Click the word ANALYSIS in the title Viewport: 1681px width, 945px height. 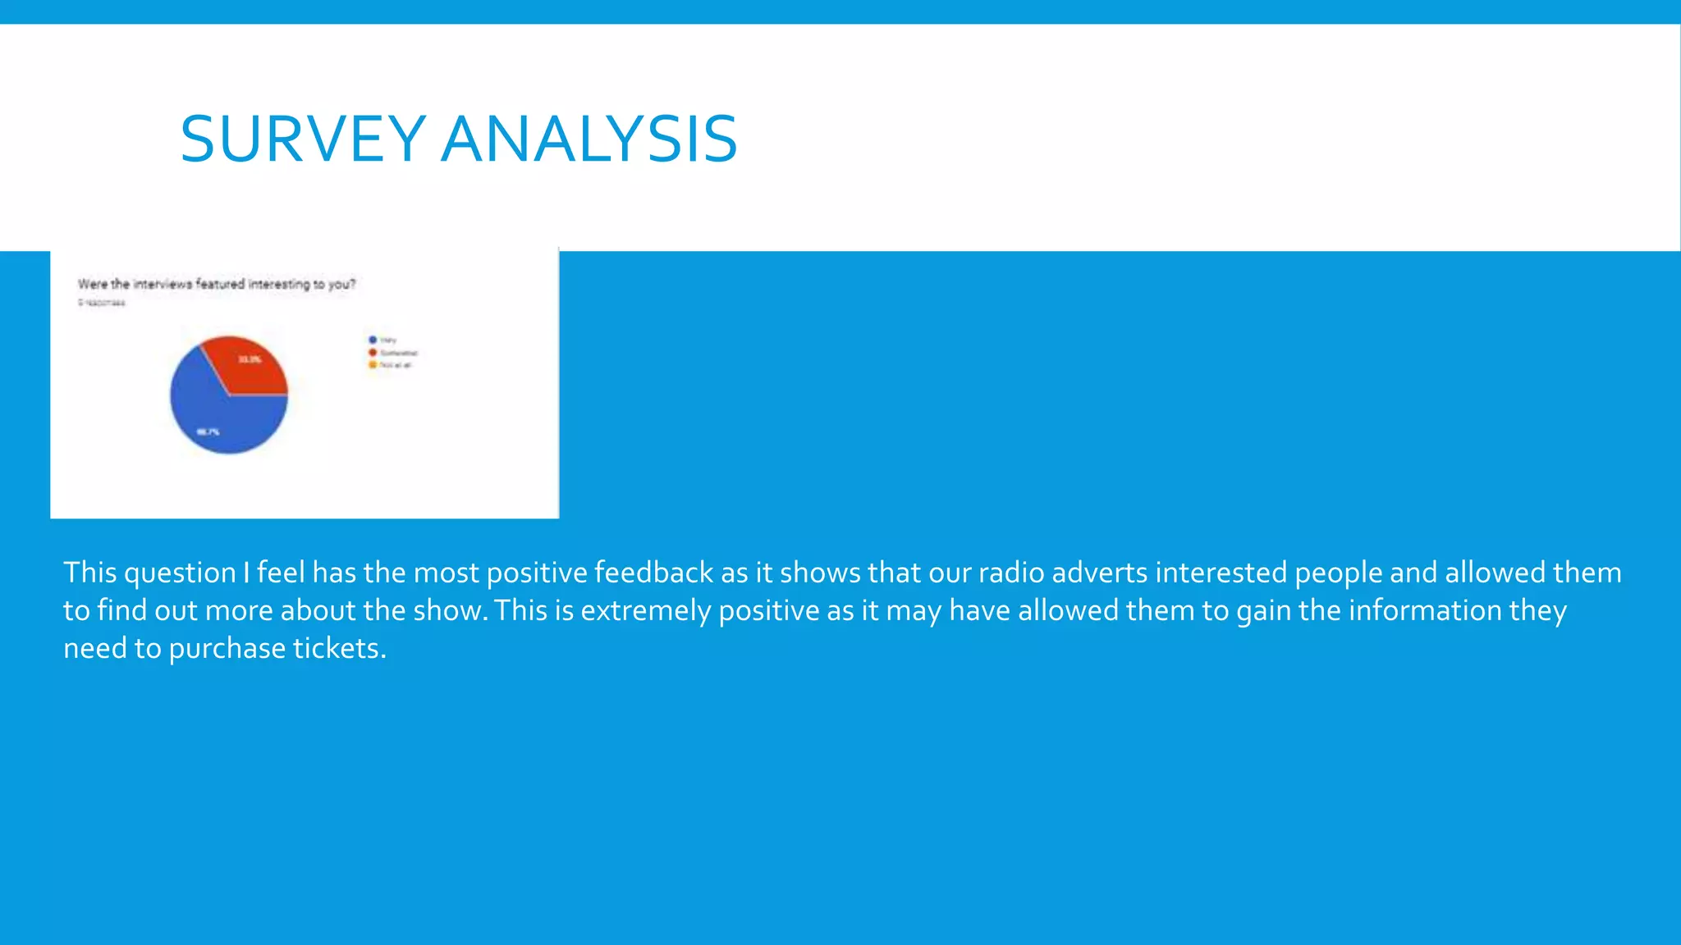tap(589, 139)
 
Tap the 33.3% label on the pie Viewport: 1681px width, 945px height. tap(250, 359)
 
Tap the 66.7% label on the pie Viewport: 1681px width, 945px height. tap(208, 431)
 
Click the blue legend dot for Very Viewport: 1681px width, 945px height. tap(373, 340)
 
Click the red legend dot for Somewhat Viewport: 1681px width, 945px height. tap(373, 353)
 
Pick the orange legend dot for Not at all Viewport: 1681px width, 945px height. tap(373, 365)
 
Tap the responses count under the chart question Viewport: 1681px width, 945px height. tap(102, 303)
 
